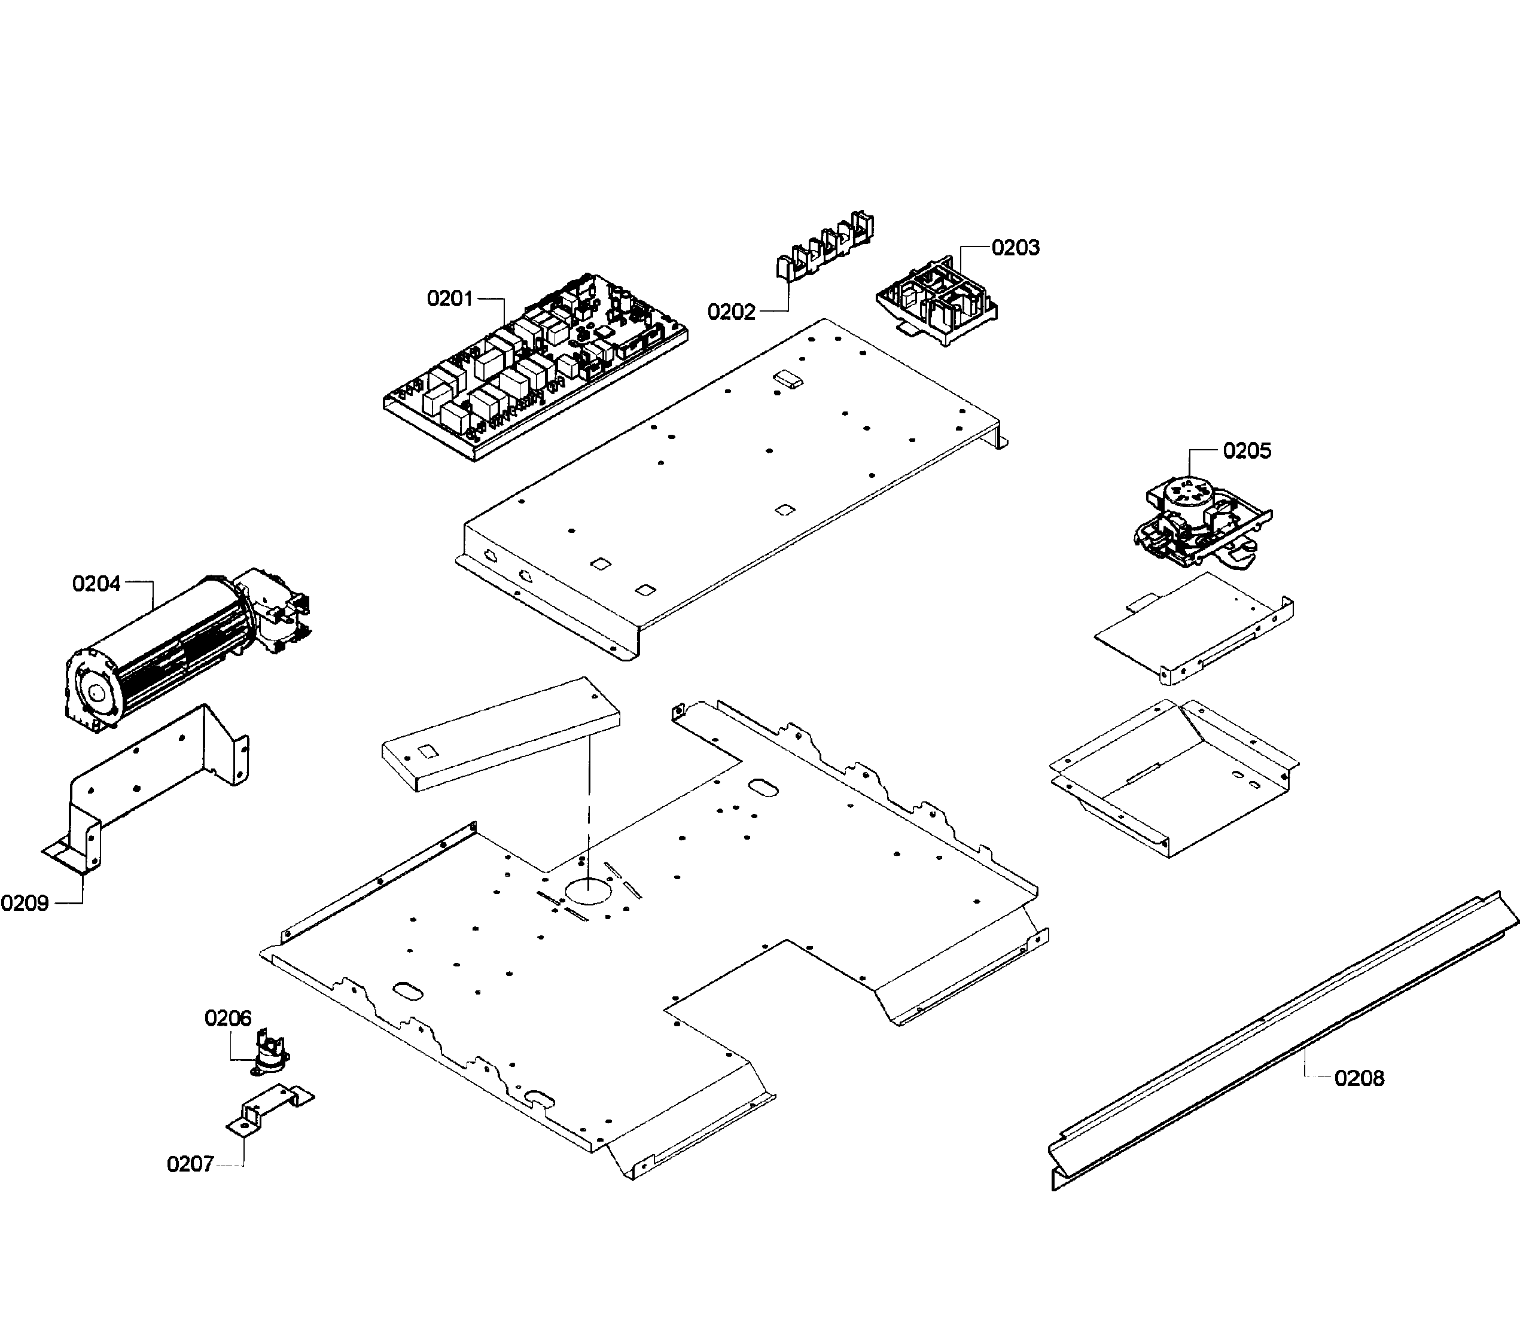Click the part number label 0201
(x=449, y=299)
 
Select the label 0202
(x=730, y=312)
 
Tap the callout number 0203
(x=1015, y=248)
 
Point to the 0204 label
(x=96, y=584)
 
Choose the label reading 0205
(x=1247, y=450)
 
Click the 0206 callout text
(x=227, y=1018)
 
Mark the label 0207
(x=190, y=1164)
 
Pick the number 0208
(x=1358, y=1078)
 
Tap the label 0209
(x=25, y=904)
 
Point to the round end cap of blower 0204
(x=95, y=691)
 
